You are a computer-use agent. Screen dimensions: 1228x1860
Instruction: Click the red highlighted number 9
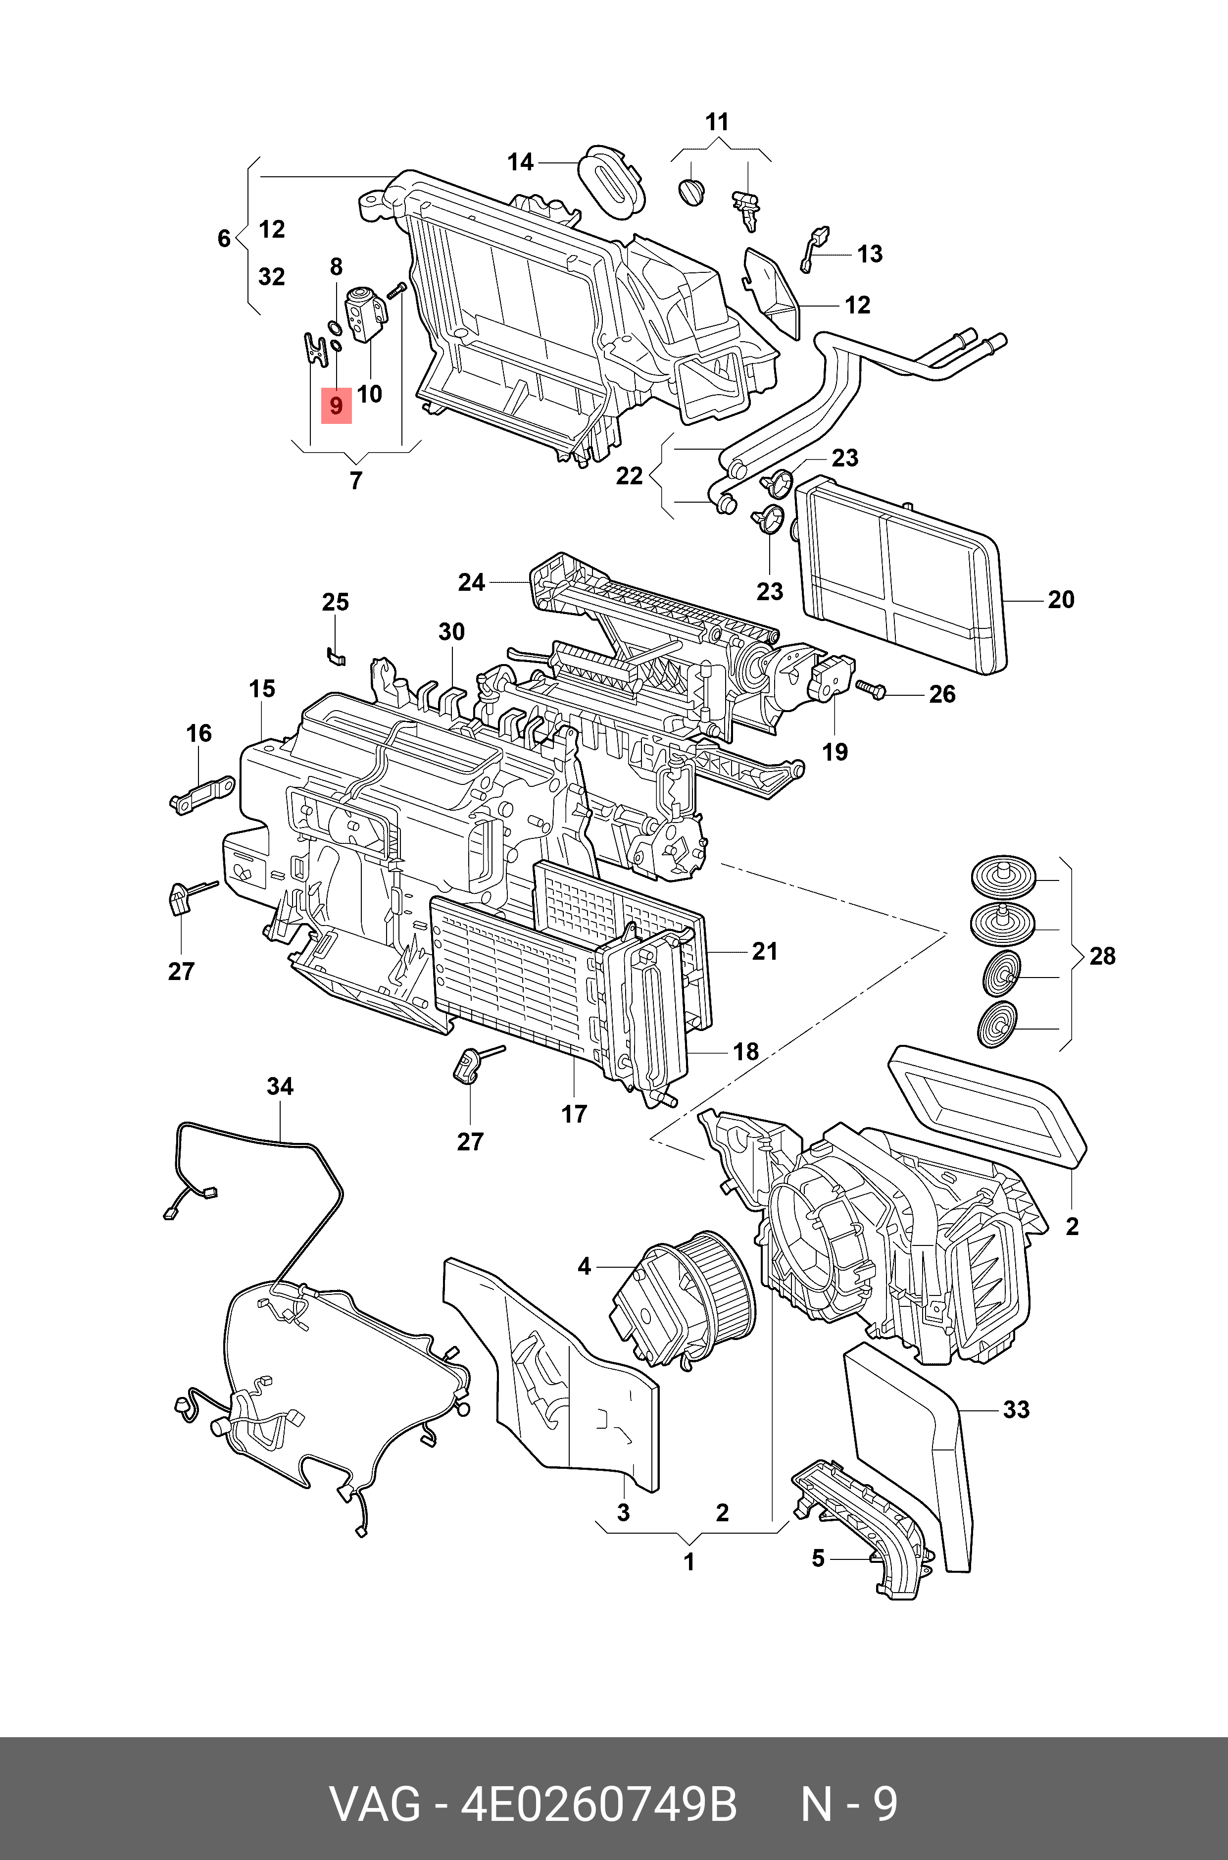(336, 406)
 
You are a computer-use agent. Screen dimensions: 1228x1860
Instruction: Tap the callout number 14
(521, 162)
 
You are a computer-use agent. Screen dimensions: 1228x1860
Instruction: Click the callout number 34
(280, 1086)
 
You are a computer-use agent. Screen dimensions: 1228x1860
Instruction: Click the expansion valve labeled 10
(366, 313)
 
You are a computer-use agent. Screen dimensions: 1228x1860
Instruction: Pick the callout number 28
(1102, 956)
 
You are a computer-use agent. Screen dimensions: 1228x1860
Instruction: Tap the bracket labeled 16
(202, 794)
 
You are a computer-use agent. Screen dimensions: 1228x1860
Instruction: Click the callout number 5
(818, 1558)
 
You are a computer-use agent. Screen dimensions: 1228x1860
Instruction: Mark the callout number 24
(472, 582)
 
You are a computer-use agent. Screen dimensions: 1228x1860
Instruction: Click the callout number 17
(573, 1114)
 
